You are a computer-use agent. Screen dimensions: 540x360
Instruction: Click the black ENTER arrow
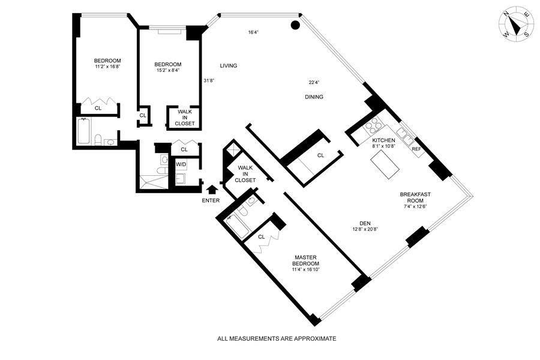point(211,190)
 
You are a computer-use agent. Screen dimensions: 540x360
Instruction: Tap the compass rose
point(515,26)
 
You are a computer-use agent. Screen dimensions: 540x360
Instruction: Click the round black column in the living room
point(295,25)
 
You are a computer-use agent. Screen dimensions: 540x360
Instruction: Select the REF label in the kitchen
point(416,149)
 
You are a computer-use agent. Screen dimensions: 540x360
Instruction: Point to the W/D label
point(181,164)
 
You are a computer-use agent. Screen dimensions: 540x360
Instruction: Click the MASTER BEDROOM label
point(305,260)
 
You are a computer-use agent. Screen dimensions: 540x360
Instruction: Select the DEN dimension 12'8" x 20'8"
point(365,229)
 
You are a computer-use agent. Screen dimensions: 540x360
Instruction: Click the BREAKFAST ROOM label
point(415,197)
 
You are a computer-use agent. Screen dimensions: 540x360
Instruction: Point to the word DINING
point(314,97)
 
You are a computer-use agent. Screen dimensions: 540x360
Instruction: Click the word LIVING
point(229,65)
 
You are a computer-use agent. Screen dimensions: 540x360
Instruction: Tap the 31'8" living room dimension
point(209,80)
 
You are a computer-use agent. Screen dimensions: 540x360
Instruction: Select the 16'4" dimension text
point(253,32)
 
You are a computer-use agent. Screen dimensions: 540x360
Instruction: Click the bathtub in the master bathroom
point(237,226)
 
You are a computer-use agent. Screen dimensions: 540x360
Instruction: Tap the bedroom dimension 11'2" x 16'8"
point(107,67)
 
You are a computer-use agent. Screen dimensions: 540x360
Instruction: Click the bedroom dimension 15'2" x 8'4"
point(168,70)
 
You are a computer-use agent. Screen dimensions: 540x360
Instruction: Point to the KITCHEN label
point(383,140)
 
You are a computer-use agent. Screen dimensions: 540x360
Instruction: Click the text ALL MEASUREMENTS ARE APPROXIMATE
point(277,338)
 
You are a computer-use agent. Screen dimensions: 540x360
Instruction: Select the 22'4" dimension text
point(314,82)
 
